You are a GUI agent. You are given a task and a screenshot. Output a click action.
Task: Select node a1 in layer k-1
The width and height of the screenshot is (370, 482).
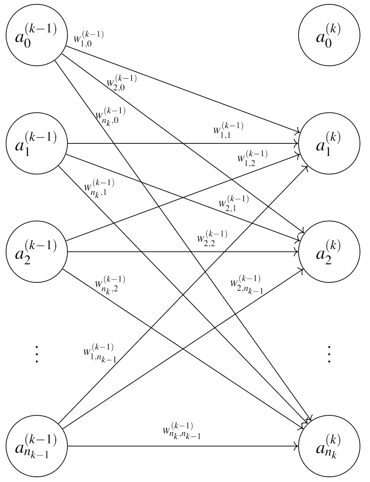click(37, 143)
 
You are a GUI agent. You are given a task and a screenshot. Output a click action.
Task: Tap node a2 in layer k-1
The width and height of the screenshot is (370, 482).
click(37, 252)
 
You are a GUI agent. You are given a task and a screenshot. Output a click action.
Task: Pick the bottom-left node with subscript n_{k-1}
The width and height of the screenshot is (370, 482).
click(37, 445)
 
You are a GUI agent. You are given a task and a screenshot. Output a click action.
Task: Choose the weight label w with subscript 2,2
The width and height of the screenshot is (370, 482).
click(212, 237)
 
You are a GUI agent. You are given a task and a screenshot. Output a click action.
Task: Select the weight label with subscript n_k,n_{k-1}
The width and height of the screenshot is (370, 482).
click(182, 430)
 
